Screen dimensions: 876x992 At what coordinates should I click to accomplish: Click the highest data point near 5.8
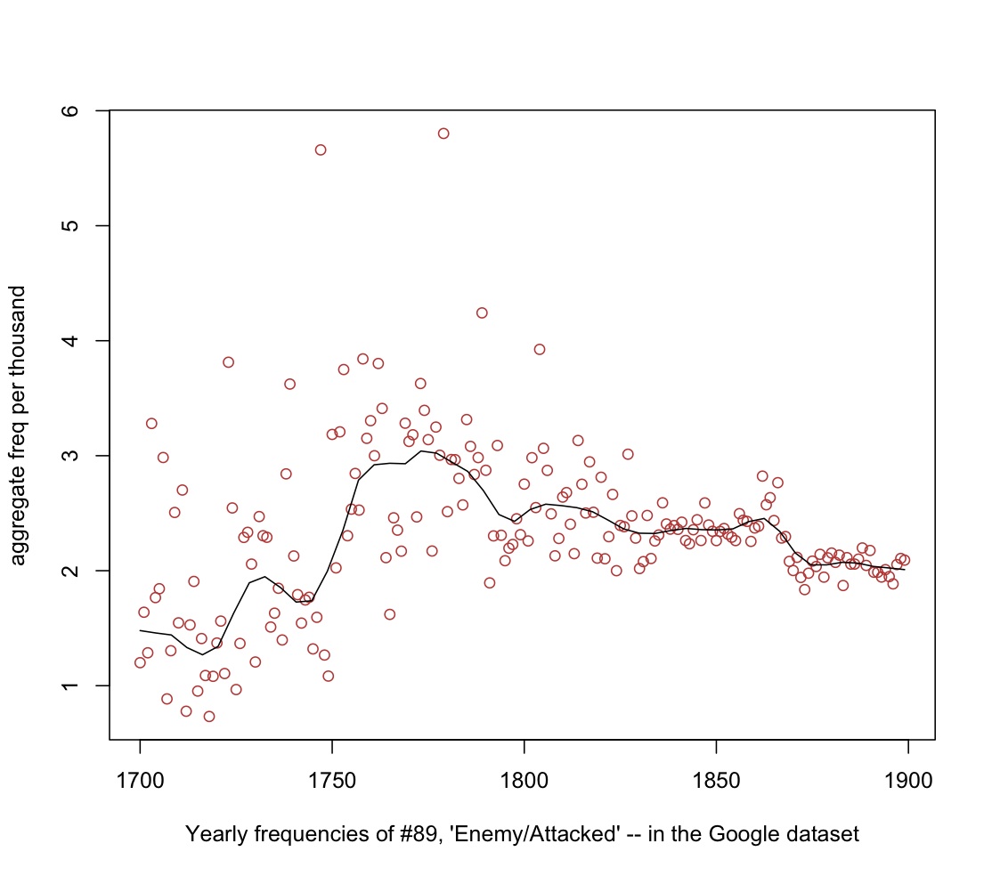pos(443,134)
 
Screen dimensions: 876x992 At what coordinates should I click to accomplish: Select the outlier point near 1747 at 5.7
pos(321,150)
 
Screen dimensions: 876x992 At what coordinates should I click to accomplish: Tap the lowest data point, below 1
pos(209,716)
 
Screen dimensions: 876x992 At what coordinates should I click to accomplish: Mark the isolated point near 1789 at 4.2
pos(482,312)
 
